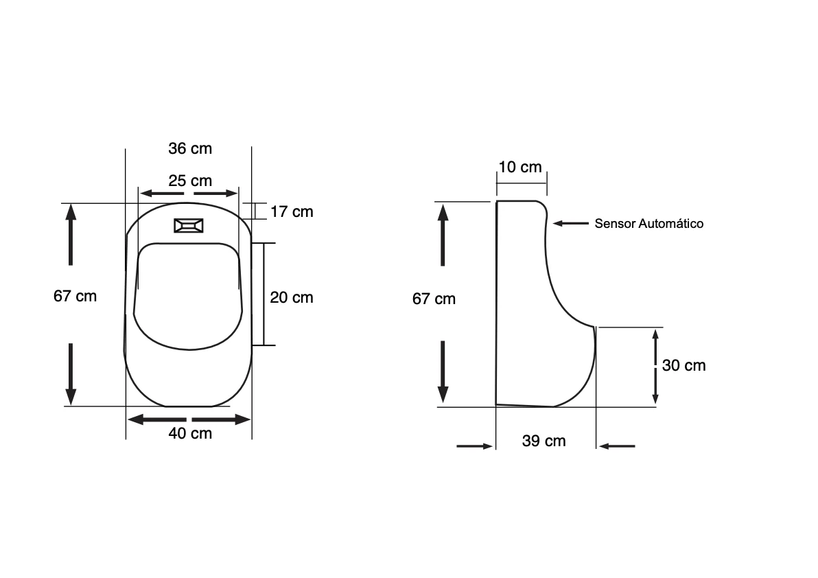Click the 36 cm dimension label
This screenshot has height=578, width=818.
coord(190,149)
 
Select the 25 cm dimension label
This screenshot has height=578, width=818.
coord(190,181)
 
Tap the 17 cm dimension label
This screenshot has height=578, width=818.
coord(292,212)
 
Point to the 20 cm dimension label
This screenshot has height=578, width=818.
coord(292,297)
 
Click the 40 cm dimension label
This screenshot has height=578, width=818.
coord(190,434)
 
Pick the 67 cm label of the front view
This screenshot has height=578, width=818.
coord(75,297)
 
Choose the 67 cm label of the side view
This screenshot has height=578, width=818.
coord(434,299)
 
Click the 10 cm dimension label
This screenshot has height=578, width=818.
coord(520,167)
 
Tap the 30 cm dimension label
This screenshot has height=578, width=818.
coord(684,366)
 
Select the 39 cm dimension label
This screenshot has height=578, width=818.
coord(544,441)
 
